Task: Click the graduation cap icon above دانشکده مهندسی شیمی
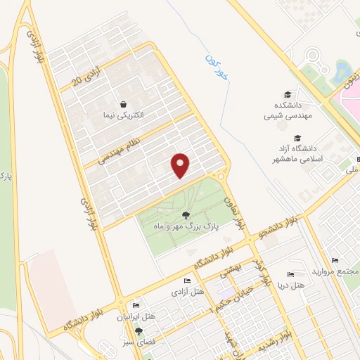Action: coord(287,95)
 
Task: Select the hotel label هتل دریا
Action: coord(290,285)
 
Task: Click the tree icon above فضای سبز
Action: coord(139,330)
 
